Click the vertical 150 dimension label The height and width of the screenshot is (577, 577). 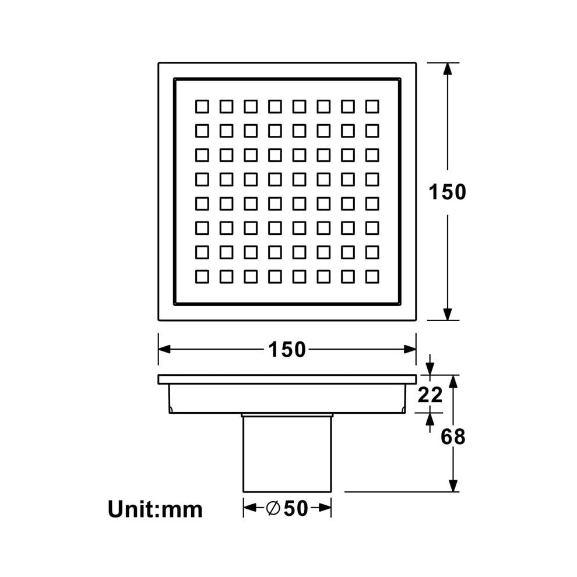point(447,192)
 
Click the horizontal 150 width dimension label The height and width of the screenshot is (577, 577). point(287,350)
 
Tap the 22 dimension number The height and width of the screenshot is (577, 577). point(430,395)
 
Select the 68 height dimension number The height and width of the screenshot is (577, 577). point(453,437)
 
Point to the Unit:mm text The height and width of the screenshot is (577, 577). point(155,509)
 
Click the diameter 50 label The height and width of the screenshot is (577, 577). point(287,508)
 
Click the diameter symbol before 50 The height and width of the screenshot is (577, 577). point(273,508)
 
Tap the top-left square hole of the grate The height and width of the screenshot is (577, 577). point(202,107)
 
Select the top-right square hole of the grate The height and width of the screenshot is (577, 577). point(372,107)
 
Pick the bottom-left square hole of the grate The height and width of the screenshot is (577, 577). point(202,277)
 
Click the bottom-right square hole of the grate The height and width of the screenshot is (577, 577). point(372,277)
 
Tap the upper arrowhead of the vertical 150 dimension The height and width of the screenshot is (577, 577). point(447,69)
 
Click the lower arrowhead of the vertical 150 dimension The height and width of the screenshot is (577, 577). point(447,314)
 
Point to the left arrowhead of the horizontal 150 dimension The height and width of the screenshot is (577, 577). point(164,349)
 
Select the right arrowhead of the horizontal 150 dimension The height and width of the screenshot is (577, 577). point(410,349)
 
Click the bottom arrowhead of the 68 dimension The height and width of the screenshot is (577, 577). point(453,485)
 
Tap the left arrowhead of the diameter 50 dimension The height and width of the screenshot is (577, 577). point(250,508)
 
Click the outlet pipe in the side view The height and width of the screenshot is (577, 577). point(287,453)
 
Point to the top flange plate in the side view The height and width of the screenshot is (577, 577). point(287,379)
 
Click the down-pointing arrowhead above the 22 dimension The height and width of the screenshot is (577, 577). point(430,369)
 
